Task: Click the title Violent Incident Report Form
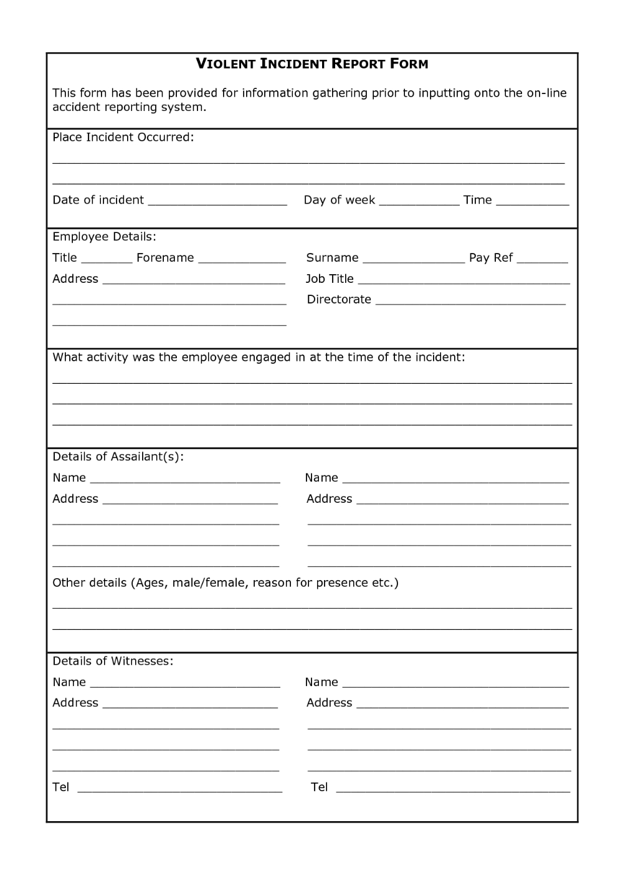tap(312, 64)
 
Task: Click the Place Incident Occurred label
tap(123, 137)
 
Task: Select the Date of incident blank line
tap(217, 202)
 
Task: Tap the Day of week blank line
tap(419, 202)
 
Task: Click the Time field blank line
tap(532, 202)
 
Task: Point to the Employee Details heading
tap(104, 237)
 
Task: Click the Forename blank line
tap(242, 260)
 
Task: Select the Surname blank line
tap(413, 260)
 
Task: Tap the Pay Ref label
tap(491, 258)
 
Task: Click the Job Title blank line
tap(464, 282)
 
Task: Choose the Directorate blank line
tap(470, 302)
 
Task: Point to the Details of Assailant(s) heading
tap(118, 457)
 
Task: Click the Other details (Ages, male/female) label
tap(225, 583)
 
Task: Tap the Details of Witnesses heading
tap(113, 661)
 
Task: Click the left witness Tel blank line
tap(179, 790)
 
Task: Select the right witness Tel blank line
tap(453, 790)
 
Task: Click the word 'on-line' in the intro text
tap(546, 93)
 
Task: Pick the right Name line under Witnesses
tap(455, 685)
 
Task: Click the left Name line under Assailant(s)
tap(185, 481)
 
